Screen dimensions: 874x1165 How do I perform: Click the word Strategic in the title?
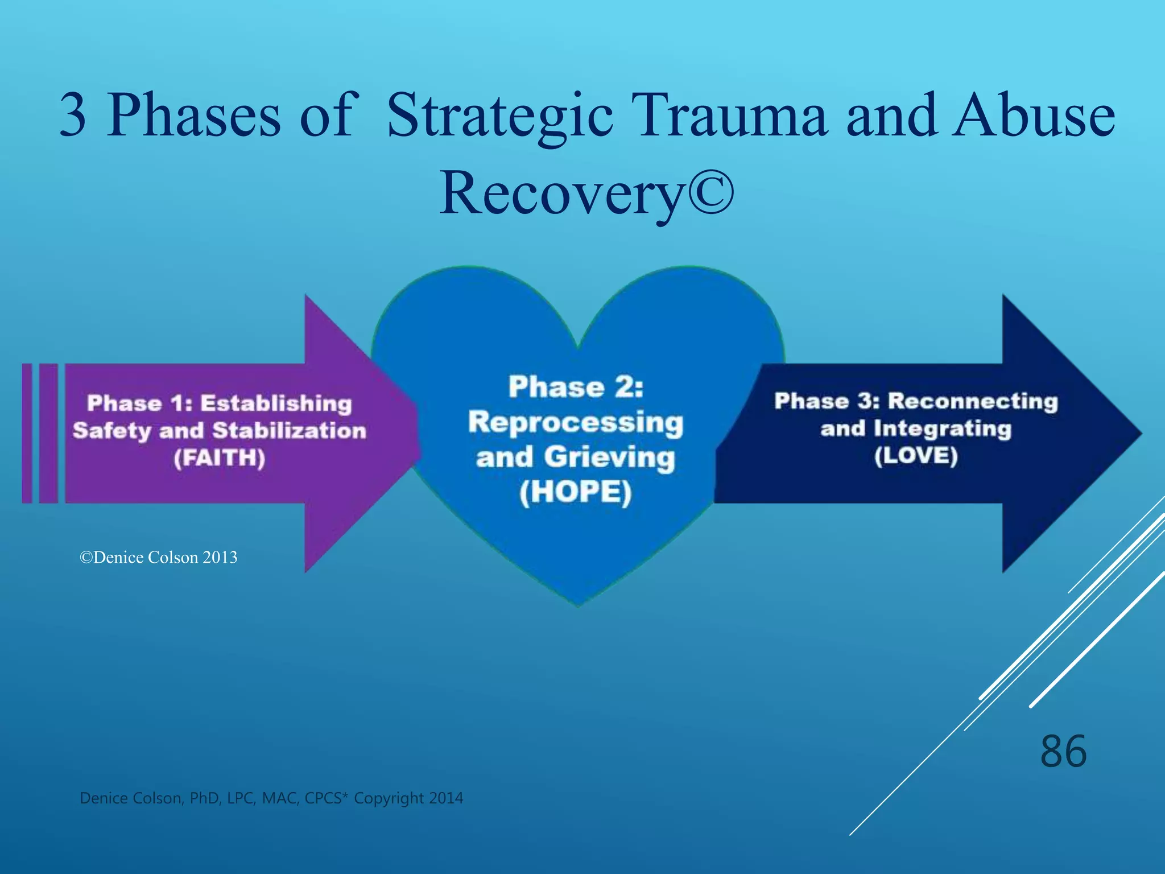tap(499, 117)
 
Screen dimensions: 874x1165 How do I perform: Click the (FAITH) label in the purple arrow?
tap(220, 458)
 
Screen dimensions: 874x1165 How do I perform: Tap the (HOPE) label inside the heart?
tap(576, 493)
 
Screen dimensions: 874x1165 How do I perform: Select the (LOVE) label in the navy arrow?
tap(916, 456)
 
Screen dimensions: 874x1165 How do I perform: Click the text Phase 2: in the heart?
tap(576, 387)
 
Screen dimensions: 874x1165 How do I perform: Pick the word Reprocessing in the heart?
tap(576, 423)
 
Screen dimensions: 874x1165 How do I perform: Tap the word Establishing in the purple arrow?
tap(276, 403)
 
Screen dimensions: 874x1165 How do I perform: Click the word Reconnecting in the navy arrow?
tap(973, 401)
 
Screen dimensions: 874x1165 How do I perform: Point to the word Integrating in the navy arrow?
tap(943, 428)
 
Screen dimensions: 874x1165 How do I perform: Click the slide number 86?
tap(1063, 752)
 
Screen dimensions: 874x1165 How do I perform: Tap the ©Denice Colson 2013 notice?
tap(159, 558)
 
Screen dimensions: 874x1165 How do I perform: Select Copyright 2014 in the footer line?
tap(408, 798)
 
